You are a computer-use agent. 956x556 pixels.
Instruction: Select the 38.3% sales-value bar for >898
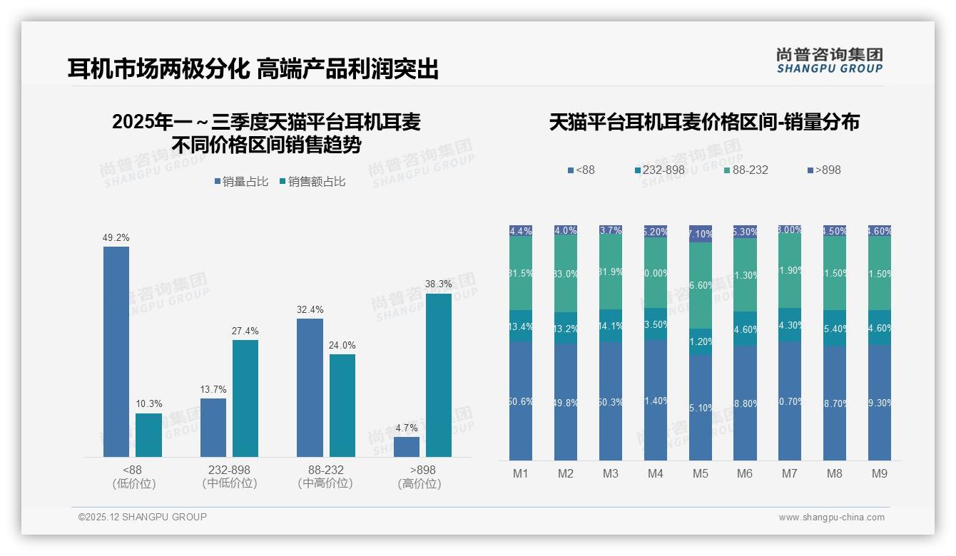[x=439, y=375]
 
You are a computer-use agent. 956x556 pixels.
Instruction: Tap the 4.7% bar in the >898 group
[x=407, y=447]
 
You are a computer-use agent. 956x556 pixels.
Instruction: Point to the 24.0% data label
[x=342, y=346]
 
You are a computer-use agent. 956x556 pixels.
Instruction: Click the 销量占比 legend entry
[x=241, y=182]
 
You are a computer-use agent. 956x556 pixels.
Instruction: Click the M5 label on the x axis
[x=700, y=474]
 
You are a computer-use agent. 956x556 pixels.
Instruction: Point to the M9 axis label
[x=880, y=474]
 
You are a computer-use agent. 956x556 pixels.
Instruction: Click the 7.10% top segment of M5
[x=701, y=234]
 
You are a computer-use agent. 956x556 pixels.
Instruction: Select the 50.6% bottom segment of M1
[x=521, y=401]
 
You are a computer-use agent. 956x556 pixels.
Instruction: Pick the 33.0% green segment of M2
[x=566, y=274]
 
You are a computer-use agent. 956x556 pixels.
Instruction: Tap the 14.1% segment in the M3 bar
[x=611, y=326]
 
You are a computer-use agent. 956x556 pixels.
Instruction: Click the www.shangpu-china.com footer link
[x=831, y=518]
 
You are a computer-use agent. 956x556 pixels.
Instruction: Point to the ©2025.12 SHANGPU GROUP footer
[x=143, y=517]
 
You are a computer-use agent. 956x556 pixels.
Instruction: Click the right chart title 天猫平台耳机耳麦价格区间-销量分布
[x=704, y=122]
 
